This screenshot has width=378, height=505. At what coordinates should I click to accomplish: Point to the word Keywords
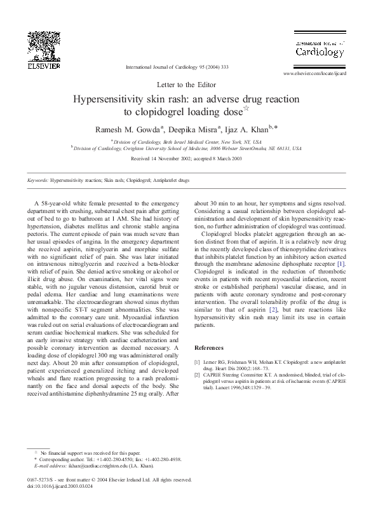click(37, 181)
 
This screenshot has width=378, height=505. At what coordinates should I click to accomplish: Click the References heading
click(208, 348)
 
